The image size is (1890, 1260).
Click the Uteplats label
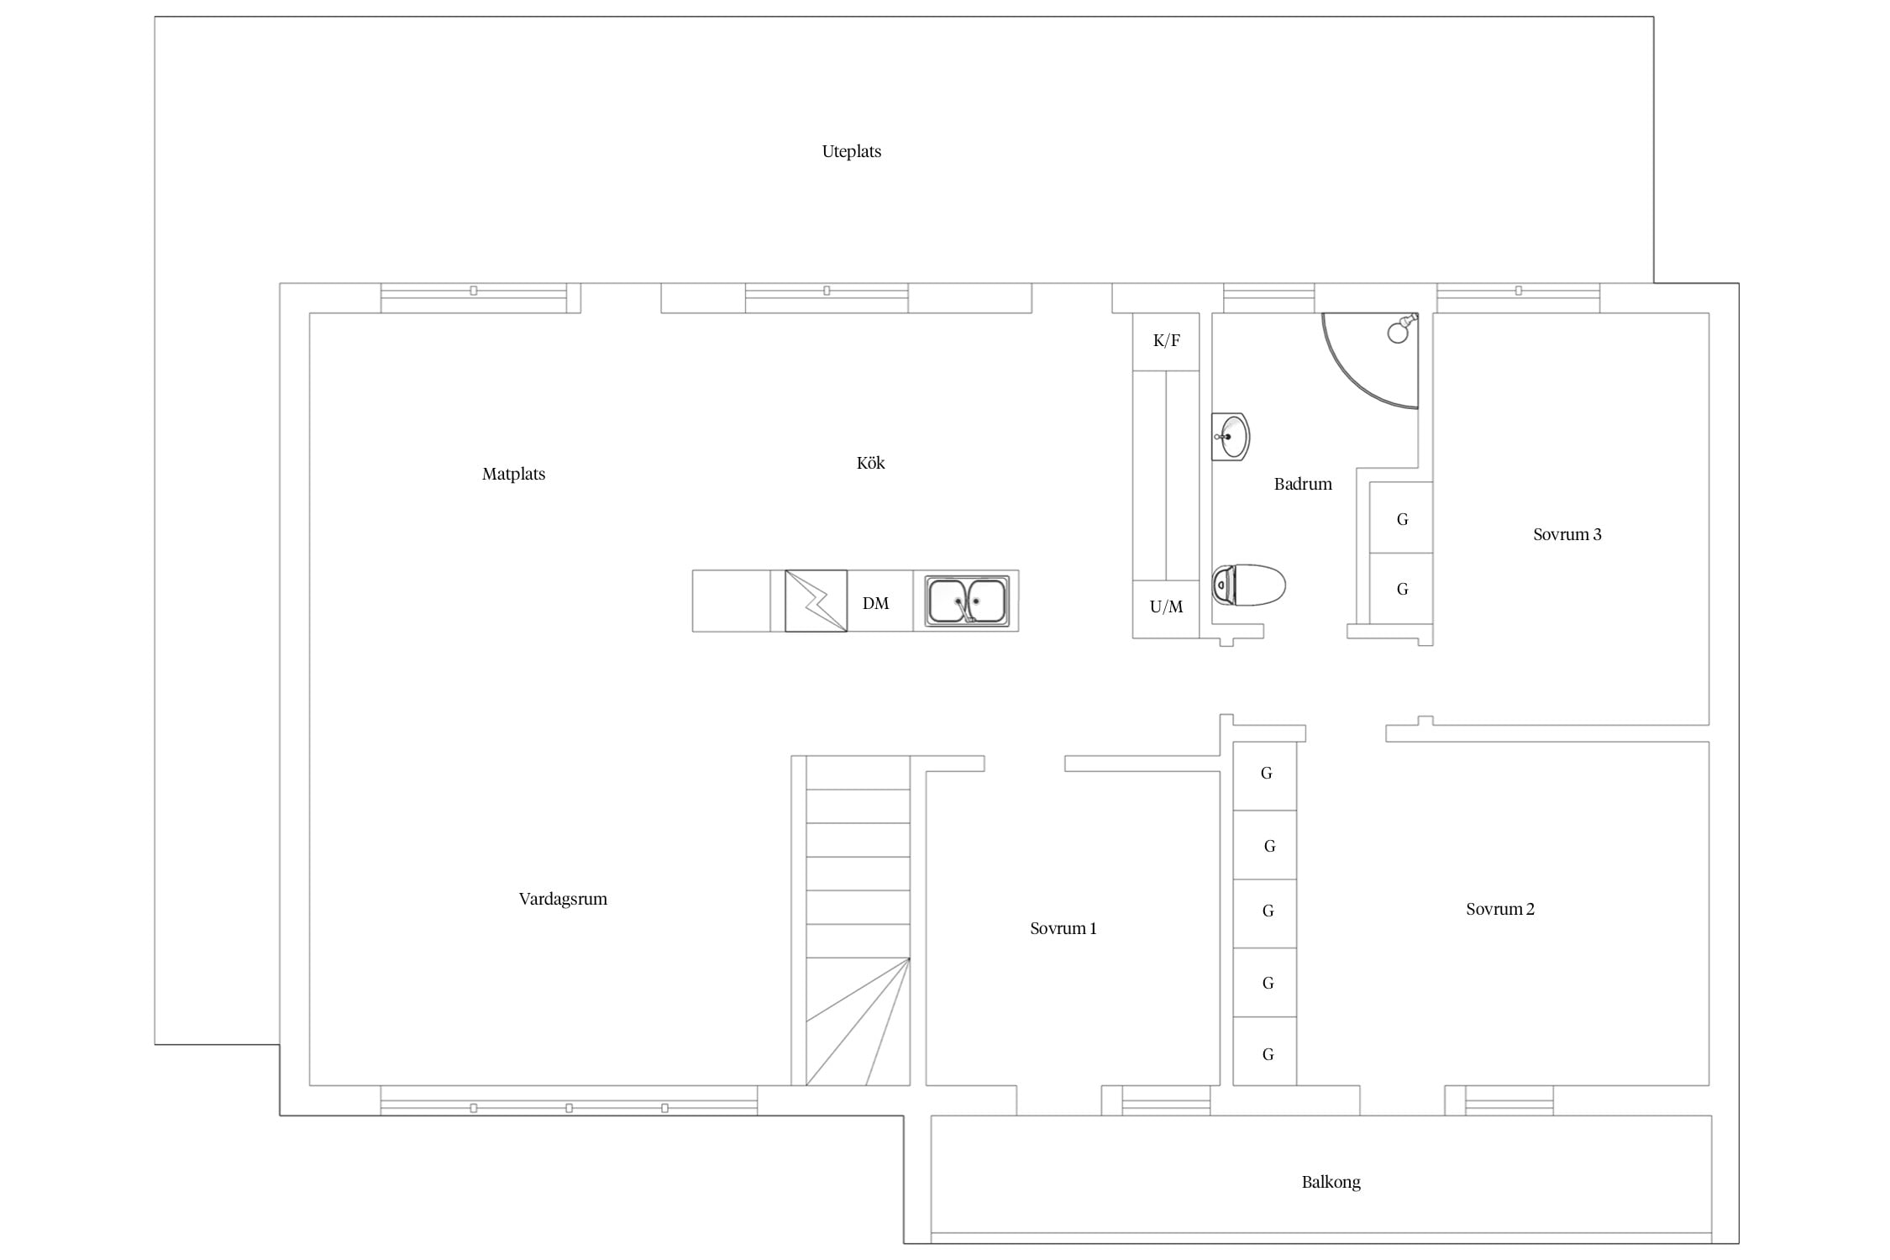pos(851,151)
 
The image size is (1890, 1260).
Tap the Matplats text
pos(513,474)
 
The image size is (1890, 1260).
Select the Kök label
pos(870,463)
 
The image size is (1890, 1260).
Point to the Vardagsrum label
pos(563,899)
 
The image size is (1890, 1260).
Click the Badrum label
pos(1303,484)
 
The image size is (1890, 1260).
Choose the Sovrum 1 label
pos(1063,928)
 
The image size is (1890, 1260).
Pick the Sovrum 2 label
pos(1499,909)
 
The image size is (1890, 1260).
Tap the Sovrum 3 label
pos(1567,534)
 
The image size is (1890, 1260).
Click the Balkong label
pos(1331,1182)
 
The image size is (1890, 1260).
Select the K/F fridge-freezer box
pos(1166,341)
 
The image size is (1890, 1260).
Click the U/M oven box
pos(1166,609)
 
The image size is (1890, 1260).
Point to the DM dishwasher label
pos(875,603)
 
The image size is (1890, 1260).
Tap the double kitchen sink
pos(967,601)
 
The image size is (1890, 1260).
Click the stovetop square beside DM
pos(816,601)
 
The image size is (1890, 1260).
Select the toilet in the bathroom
pos(1248,585)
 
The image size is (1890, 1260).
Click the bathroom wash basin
pos(1230,437)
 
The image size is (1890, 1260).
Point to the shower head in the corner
pos(1401,328)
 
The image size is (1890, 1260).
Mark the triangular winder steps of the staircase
pos(858,1021)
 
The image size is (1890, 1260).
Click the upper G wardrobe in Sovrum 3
pos(1401,517)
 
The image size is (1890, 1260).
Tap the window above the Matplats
pos(474,298)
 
